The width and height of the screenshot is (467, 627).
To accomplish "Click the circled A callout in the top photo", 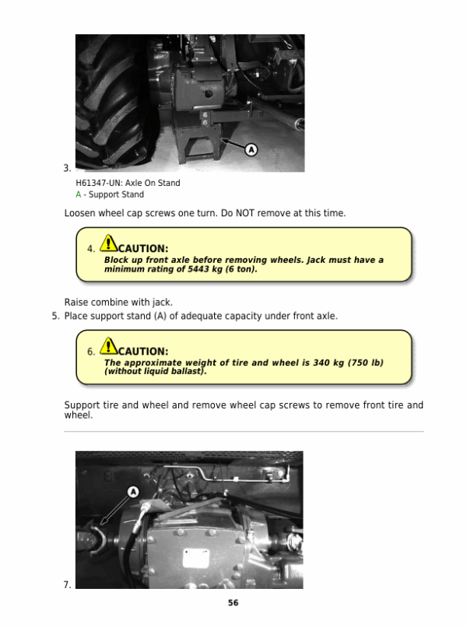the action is point(251,150).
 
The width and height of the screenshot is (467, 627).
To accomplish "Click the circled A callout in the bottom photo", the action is point(133,492).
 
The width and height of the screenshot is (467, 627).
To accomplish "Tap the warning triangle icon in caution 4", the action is point(108,243).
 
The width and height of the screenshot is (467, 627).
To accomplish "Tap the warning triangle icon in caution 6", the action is point(108,345).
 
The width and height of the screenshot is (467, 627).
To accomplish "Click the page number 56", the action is point(233,603).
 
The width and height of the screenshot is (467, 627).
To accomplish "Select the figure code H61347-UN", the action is point(99,183).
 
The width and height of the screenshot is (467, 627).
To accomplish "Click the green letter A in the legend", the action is point(79,194).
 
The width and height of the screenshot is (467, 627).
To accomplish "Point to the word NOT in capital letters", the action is point(245,213).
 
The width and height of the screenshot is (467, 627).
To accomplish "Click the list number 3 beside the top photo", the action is point(67,168).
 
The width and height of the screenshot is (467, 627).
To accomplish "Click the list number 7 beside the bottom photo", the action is point(67,585).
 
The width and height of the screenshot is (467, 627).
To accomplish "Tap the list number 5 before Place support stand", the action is point(55,317).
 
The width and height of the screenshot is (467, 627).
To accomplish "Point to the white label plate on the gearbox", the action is point(196,559).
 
